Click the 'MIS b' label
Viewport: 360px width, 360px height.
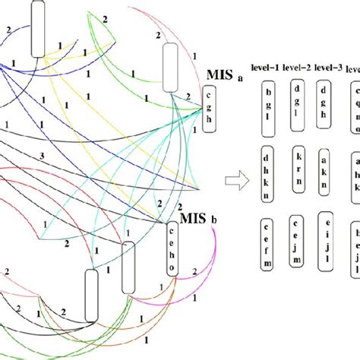(199, 199)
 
